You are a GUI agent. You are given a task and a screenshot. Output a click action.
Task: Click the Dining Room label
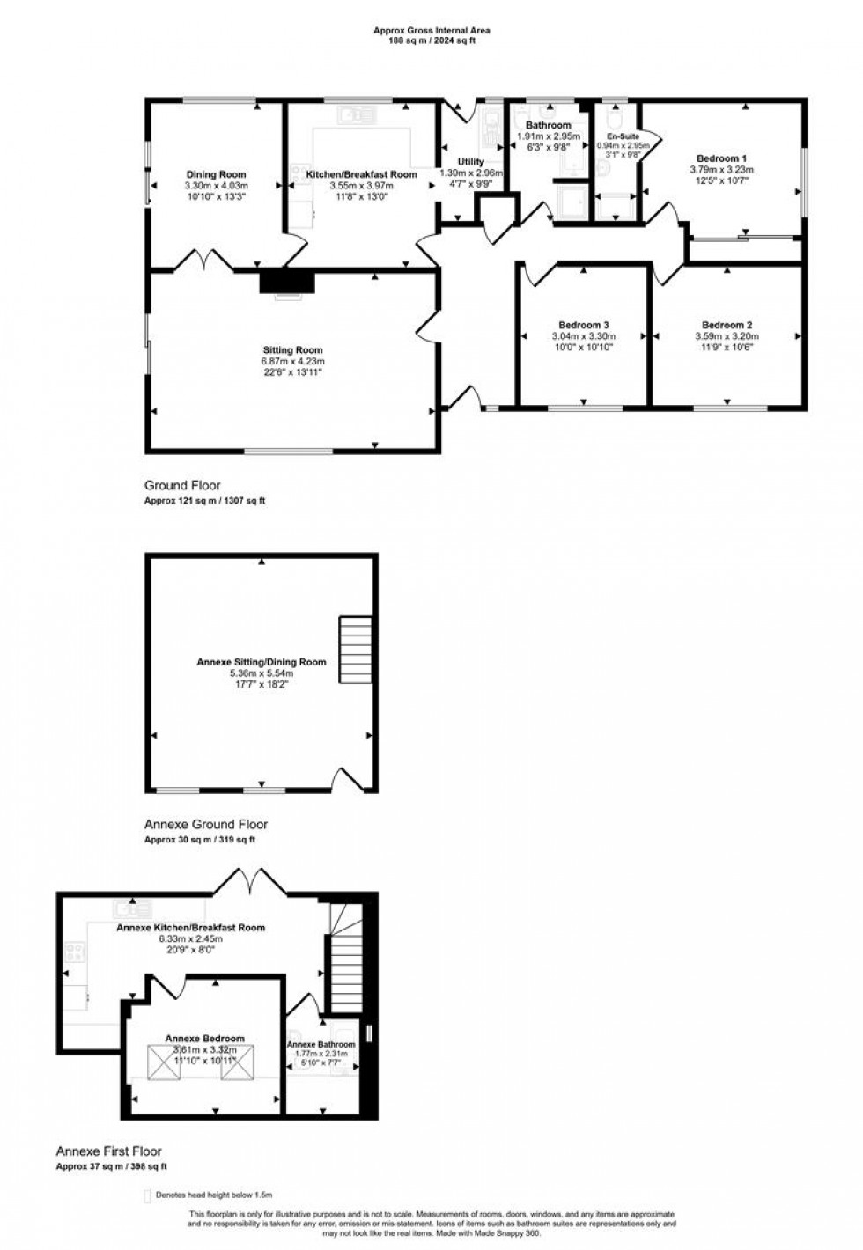coord(216,174)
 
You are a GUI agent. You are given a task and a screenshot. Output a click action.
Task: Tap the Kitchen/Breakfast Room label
coord(361,174)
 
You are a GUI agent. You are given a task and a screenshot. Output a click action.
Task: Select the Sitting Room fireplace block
coord(287,281)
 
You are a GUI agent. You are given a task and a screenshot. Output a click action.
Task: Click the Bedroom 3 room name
coord(583,324)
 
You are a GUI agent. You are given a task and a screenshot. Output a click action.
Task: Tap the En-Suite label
coord(623,137)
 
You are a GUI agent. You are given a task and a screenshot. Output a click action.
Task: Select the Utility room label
coord(471,162)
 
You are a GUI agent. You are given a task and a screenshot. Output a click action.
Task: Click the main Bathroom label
coord(548,126)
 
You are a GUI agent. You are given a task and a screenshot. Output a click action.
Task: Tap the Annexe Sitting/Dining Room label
coord(261,662)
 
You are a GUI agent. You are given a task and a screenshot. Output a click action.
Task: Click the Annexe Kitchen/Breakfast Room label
coord(190,927)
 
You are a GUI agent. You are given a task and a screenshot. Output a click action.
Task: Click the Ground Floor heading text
coord(182,485)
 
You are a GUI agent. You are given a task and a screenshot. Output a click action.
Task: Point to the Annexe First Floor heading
coord(108,1151)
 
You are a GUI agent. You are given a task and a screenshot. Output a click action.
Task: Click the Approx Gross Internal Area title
coord(431,30)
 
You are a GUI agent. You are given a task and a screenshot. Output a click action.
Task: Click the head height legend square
coord(147,1195)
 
